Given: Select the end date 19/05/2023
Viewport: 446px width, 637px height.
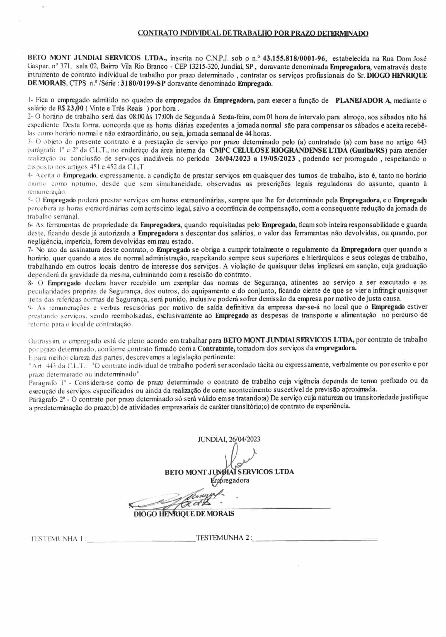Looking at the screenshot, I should [276, 159].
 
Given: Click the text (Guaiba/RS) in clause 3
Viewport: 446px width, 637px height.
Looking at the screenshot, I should [370, 151].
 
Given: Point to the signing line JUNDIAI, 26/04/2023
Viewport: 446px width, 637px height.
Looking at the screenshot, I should [229, 439].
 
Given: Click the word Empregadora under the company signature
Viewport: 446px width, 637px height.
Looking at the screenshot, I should [230, 480].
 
